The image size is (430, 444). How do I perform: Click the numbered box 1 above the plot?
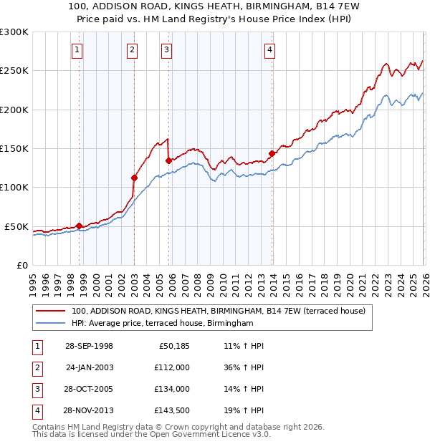click(77, 50)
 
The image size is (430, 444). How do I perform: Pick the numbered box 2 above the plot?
click(133, 50)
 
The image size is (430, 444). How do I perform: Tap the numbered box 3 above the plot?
click(166, 50)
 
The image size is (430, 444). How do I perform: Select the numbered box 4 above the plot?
click(269, 50)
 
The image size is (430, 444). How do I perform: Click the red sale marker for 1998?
click(79, 226)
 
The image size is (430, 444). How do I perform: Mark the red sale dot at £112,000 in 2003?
click(134, 178)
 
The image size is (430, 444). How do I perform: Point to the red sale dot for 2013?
click(272, 153)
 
